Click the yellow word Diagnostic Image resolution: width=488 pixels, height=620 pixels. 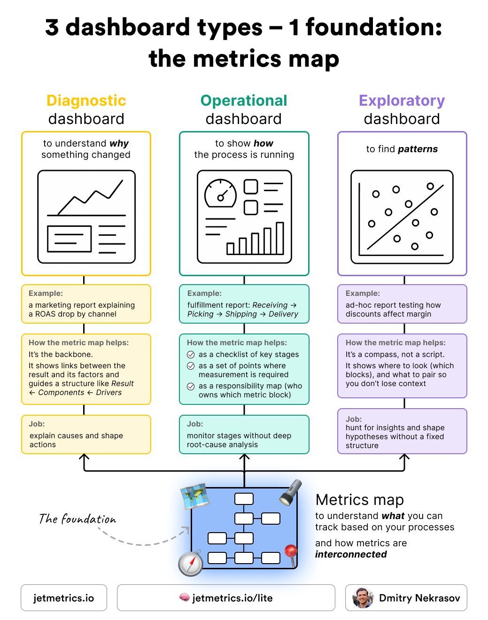click(86, 101)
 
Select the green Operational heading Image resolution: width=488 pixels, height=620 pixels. click(244, 101)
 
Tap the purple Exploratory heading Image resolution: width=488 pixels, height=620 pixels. click(402, 101)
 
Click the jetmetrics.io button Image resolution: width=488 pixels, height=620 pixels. click(64, 597)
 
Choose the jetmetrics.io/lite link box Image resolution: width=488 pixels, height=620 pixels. click(226, 597)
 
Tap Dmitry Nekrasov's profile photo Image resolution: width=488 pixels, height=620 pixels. click(363, 597)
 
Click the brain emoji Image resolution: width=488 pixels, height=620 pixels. click(185, 597)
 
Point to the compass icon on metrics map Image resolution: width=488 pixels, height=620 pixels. click(190, 563)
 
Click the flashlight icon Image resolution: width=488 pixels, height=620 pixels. click(290, 492)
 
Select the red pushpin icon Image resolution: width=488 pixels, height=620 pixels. click(291, 553)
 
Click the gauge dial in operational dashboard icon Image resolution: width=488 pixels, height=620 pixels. click(220, 194)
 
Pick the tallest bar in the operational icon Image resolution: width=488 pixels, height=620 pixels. click(280, 238)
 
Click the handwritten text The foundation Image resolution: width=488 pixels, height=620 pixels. click(77, 519)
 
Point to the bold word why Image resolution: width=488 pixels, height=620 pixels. click(119, 143)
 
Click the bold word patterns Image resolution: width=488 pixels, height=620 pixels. click(418, 149)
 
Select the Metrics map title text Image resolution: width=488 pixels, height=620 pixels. click(360, 500)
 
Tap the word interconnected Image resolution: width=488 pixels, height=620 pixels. click(351, 554)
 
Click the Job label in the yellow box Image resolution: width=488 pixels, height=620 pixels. click(37, 424)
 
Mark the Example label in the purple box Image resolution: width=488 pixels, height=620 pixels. click(363, 293)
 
